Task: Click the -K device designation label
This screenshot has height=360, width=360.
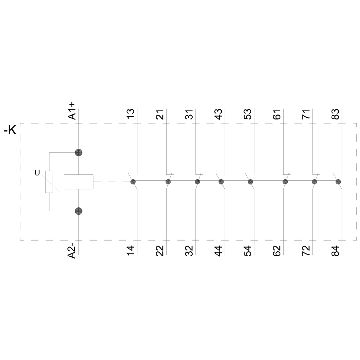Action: (10, 130)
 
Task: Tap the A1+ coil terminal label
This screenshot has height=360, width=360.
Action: (72, 111)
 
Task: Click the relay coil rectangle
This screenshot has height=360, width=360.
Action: (78, 182)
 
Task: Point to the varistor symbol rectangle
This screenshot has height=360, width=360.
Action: (49, 182)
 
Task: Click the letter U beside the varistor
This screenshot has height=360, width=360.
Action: (37, 173)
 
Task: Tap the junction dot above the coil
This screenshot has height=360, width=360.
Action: (78, 152)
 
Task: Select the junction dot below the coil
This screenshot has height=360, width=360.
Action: (78, 211)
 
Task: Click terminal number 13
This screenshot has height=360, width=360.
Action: (130, 114)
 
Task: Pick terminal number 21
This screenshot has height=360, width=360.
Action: (160, 114)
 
